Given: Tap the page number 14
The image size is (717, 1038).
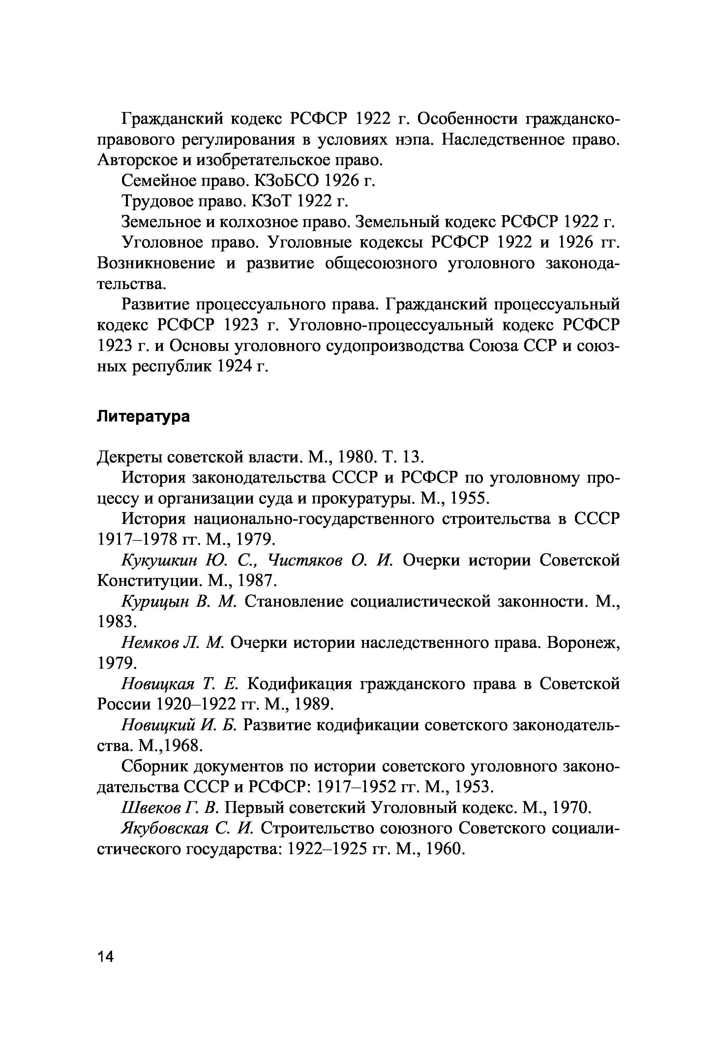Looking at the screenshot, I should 105,969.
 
